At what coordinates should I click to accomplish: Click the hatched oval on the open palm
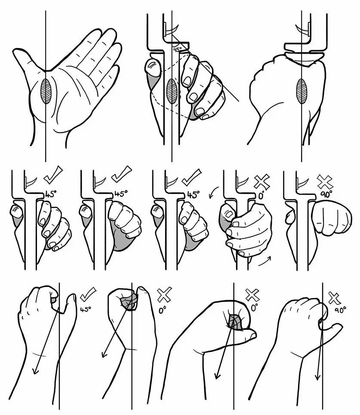[46, 91]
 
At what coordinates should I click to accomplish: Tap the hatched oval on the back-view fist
[302, 91]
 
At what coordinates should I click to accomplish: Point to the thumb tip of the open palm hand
[16, 52]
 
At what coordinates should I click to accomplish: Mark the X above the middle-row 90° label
[325, 182]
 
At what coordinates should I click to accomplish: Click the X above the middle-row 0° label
[262, 182]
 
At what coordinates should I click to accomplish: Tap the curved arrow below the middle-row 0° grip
[265, 261]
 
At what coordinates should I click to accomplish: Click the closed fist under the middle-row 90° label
[332, 217]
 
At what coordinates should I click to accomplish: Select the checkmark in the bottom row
[88, 294]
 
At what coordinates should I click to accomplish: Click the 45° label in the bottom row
[86, 309]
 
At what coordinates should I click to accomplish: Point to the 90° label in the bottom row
[340, 310]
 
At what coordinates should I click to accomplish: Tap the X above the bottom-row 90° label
[335, 298]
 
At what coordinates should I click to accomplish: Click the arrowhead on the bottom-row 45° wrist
[35, 370]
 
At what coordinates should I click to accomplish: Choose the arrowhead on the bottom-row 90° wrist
[317, 377]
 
